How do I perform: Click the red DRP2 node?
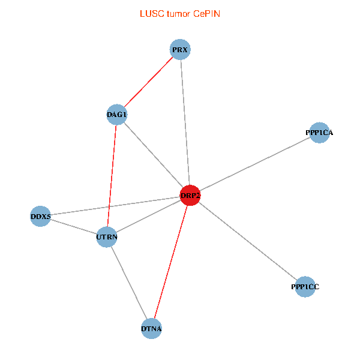point(190,196)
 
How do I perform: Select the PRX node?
point(180,50)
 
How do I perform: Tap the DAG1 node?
point(116,115)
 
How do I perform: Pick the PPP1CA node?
point(319,133)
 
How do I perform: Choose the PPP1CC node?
point(305,287)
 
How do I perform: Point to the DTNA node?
point(151,329)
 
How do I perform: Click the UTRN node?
point(107,238)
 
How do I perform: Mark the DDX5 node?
point(41,216)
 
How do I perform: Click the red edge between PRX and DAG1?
point(148,82)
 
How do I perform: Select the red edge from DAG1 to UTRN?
point(112,176)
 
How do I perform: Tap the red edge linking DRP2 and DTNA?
point(170,262)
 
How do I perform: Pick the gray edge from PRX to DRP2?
point(185,122)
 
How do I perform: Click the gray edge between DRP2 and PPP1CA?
point(254,164)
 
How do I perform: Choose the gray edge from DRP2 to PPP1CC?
point(247,241)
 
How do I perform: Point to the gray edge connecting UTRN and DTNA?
point(129,283)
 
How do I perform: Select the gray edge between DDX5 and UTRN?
point(74,227)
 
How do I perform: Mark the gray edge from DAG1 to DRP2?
point(153,155)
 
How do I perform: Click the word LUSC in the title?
point(150,14)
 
